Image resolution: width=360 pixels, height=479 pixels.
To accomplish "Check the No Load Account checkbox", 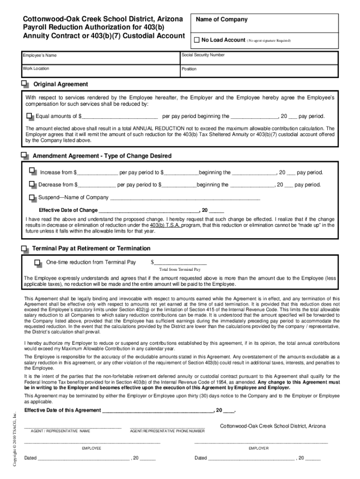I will tap(197, 40).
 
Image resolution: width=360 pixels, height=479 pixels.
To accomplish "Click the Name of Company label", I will tap(222, 20).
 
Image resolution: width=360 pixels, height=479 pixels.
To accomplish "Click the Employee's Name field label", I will tap(40, 56).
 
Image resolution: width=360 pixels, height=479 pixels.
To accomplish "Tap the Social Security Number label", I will tap(203, 55).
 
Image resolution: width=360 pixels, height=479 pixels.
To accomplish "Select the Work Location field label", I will tap(36, 69).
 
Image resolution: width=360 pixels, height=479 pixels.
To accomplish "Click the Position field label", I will tap(189, 69).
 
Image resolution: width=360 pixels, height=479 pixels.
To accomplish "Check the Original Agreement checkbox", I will tap(24, 84).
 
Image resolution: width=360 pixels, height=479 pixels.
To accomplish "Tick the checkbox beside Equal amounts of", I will tap(30, 116).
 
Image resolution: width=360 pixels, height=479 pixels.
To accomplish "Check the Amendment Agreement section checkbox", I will tap(24, 155).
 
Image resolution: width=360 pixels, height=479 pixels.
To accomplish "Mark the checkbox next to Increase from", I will tap(32, 172).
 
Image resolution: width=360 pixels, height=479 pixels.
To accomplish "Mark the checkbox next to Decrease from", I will tap(32, 185).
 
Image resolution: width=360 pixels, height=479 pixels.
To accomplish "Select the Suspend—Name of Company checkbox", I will tap(32, 197).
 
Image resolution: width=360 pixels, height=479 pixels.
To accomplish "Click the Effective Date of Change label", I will tap(68, 210).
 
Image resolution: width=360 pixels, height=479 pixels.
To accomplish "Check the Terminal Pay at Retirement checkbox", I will tap(24, 248).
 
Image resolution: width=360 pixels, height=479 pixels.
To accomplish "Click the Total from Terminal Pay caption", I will tap(180, 270).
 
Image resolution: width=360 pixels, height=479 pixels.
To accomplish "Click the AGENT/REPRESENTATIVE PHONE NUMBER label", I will tap(167, 431).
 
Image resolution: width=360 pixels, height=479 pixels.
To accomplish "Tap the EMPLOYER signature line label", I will tap(259, 448).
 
